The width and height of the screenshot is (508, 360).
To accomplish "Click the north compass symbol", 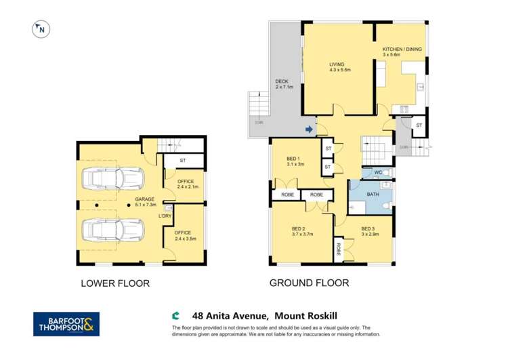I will tap(41, 29).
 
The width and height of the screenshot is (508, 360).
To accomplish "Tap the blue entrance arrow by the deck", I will tap(309, 129).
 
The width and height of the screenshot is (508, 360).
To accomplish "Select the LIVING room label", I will tap(337, 66).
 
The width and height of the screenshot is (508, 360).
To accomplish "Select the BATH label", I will tap(373, 195).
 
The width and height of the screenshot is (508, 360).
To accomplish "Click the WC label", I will tap(379, 173).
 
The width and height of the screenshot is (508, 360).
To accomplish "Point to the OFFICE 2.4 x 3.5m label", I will tap(184, 235).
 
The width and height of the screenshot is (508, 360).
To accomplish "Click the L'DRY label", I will tap(166, 216).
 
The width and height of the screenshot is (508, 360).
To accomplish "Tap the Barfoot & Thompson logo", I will tap(66, 324).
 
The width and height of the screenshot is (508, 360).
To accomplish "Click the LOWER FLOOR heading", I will tap(115, 283).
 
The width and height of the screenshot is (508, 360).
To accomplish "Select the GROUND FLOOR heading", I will tap(309, 283).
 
